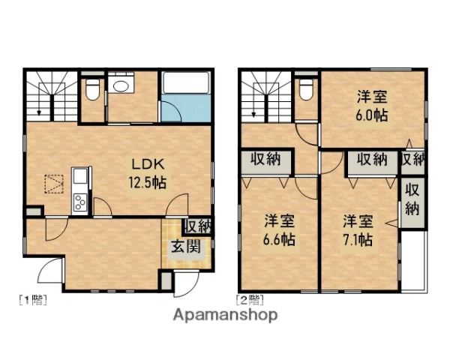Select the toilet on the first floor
[x=92, y=91]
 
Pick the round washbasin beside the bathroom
[x=120, y=85]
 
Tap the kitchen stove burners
[x=79, y=201]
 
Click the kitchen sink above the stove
[x=79, y=178]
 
